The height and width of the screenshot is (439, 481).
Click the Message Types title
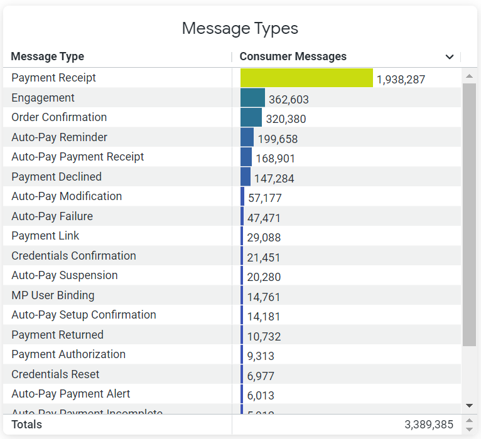240,28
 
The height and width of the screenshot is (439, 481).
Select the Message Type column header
48,56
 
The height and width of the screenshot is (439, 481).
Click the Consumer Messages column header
293,56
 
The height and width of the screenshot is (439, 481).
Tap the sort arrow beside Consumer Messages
450,57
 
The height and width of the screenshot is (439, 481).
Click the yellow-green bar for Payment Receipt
306,78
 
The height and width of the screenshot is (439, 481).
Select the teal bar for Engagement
252,98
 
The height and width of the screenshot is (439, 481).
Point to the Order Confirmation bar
251,118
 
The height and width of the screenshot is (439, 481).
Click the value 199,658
278,139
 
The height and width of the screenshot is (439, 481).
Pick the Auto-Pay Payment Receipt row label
78,157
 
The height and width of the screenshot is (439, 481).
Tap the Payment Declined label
57,177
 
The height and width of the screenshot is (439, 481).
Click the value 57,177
265,198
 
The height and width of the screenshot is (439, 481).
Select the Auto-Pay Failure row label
52,216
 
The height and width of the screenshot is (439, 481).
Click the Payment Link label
45,236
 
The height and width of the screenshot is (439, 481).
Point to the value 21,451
264,257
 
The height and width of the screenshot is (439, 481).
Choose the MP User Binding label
53,295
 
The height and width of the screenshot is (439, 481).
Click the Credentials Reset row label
55,374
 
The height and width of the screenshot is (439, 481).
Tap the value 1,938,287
401,80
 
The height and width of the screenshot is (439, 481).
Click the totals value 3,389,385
429,425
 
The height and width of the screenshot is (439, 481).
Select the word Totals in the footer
26,425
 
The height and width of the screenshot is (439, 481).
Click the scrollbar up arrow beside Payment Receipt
469,77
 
